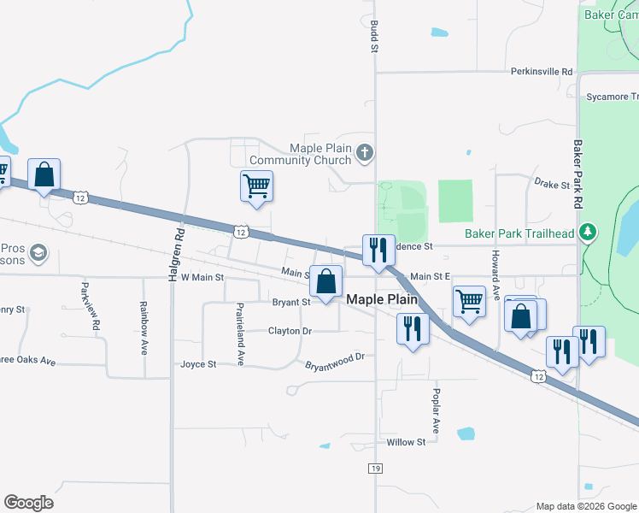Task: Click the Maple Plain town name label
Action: click(x=381, y=300)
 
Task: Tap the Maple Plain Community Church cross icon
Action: click(x=365, y=153)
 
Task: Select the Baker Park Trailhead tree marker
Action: click(x=587, y=232)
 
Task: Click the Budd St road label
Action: click(x=373, y=37)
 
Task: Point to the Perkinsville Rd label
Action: click(x=542, y=73)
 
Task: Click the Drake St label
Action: click(x=552, y=184)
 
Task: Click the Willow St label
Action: click(x=406, y=442)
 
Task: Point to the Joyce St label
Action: click(x=198, y=364)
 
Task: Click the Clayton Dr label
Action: click(x=290, y=331)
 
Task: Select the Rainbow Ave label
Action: click(x=143, y=327)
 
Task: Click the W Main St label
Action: click(x=202, y=277)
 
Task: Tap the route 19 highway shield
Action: click(x=375, y=469)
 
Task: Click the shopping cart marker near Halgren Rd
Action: click(x=257, y=186)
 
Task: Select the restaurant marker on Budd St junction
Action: click(x=378, y=250)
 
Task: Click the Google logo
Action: click(x=28, y=503)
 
